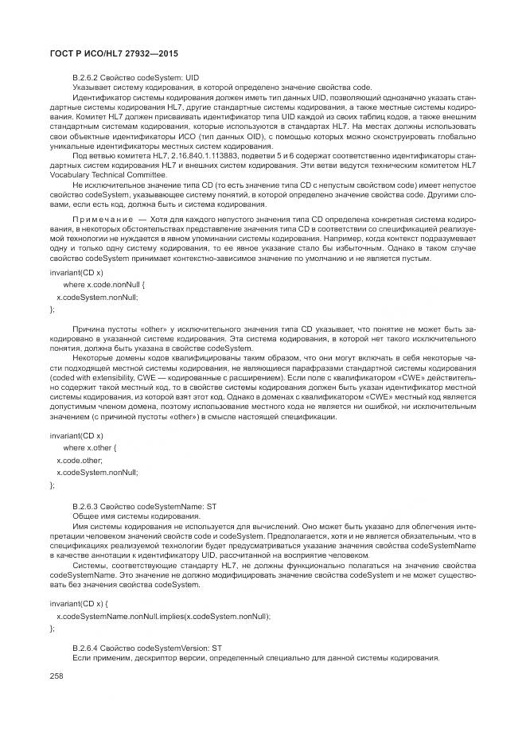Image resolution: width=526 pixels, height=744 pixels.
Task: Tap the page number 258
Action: point(56,676)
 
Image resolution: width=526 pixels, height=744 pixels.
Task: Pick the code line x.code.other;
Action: point(80,460)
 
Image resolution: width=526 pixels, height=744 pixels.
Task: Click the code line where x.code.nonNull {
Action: point(104,284)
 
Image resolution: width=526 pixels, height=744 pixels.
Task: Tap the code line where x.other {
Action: point(89,448)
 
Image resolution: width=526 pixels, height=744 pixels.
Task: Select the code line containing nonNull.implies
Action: point(163,616)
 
